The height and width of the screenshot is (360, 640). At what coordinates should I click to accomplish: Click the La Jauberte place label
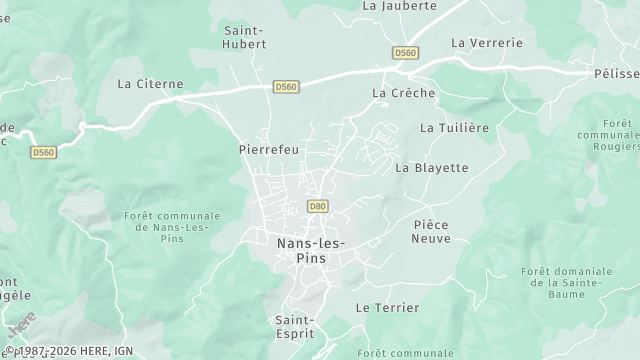(x=399, y=6)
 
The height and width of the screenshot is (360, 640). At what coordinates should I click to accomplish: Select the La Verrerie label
(x=487, y=43)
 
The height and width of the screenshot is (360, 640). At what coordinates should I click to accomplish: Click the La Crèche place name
(x=403, y=93)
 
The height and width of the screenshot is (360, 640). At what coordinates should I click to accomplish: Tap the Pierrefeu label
(x=269, y=149)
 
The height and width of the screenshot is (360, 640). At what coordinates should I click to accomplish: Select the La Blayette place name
(x=432, y=168)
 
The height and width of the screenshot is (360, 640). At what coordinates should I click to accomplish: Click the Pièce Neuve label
(x=432, y=231)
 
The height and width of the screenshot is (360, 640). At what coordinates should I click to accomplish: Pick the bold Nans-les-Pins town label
(x=307, y=250)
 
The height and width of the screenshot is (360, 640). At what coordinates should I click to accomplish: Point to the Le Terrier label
(x=388, y=308)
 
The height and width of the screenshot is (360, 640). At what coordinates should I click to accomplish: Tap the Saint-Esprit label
(x=296, y=327)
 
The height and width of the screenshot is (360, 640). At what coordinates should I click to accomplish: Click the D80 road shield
(x=318, y=206)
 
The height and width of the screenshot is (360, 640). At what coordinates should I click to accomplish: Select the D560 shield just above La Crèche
(x=405, y=53)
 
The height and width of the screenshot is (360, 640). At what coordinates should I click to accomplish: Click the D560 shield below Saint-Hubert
(x=286, y=88)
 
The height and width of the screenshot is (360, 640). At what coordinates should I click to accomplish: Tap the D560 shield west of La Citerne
(x=43, y=152)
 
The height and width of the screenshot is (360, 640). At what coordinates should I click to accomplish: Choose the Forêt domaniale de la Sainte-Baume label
(x=566, y=283)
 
